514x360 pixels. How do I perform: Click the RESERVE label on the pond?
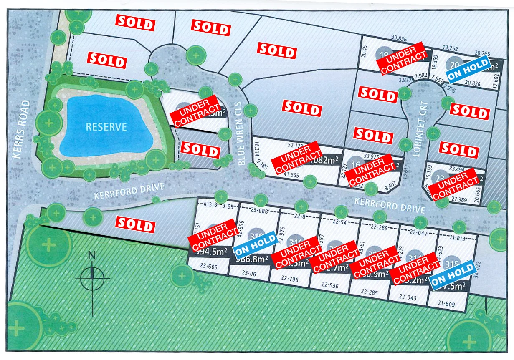point(106,126)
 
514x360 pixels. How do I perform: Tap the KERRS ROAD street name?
point(21,129)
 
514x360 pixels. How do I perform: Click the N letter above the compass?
point(92,256)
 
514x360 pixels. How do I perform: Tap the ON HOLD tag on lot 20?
point(468,69)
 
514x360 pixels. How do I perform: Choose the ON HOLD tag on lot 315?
point(453,274)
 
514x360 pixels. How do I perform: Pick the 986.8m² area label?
point(251,259)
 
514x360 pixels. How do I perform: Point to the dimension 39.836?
point(399,39)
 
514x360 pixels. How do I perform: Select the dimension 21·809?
point(447,305)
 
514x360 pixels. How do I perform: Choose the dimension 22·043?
point(408,297)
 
